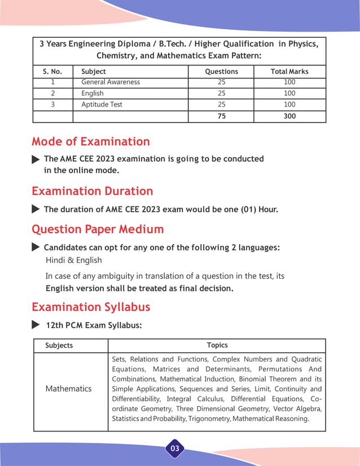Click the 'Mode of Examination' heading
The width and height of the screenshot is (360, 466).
pyautogui.click(x=91, y=142)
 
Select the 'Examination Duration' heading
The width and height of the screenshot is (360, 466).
pyautogui.click(x=92, y=191)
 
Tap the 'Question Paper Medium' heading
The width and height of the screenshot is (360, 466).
pyautogui.click(x=98, y=230)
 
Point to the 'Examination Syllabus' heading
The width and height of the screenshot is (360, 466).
pyautogui.click(x=91, y=307)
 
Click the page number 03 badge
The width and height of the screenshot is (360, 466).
pyautogui.click(x=175, y=449)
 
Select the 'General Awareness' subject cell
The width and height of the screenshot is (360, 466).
pyautogui.click(x=111, y=82)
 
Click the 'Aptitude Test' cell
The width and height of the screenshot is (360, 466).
pyautogui.click(x=102, y=105)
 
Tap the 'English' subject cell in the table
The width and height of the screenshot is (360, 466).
pyautogui.click(x=93, y=94)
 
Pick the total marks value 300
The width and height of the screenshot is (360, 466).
pyautogui.click(x=289, y=117)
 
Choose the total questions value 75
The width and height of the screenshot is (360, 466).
pyautogui.click(x=221, y=117)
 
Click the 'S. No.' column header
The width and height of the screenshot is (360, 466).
pyautogui.click(x=52, y=72)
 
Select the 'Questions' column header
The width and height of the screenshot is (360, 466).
pyautogui.click(x=221, y=72)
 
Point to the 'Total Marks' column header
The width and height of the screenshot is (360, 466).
pyautogui.click(x=289, y=72)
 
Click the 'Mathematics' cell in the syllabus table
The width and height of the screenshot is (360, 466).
pyautogui.click(x=68, y=389)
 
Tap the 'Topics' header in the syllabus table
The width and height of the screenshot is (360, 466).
pyautogui.click(x=217, y=345)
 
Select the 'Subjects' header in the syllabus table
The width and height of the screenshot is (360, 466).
pyautogui.click(x=59, y=345)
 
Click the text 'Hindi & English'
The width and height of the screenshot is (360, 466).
pyautogui.click(x=74, y=260)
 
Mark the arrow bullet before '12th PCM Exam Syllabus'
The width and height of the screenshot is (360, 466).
pyautogui.click(x=36, y=325)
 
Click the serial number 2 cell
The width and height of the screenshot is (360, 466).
pyautogui.click(x=52, y=94)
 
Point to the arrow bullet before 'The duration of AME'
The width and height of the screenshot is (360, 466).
pyautogui.click(x=36, y=209)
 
